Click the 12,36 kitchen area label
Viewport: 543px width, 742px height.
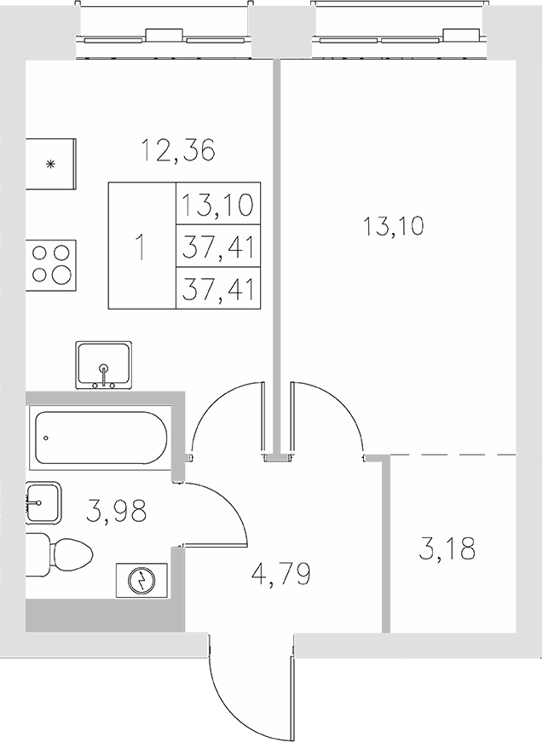point(178,151)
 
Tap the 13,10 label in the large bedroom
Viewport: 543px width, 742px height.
point(394,227)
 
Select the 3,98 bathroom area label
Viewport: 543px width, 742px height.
point(117,512)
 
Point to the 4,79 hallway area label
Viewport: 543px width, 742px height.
point(280,572)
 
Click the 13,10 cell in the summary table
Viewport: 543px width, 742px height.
point(217,206)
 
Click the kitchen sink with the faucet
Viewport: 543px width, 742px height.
point(104,365)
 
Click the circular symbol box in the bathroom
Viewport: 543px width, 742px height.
point(138,582)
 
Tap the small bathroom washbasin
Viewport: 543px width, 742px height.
point(42,503)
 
